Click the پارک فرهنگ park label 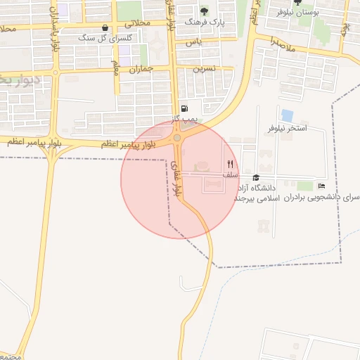[x=204, y=22]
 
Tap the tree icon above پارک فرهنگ [x=205, y=11]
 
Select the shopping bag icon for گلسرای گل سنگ [x=105, y=28]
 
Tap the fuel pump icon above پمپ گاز [x=184, y=108]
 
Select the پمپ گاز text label [x=181, y=119]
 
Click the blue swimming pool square [x=287, y=115]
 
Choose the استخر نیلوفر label [x=287, y=129]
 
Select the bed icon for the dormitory [x=321, y=186]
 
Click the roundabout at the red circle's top [x=176, y=139]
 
